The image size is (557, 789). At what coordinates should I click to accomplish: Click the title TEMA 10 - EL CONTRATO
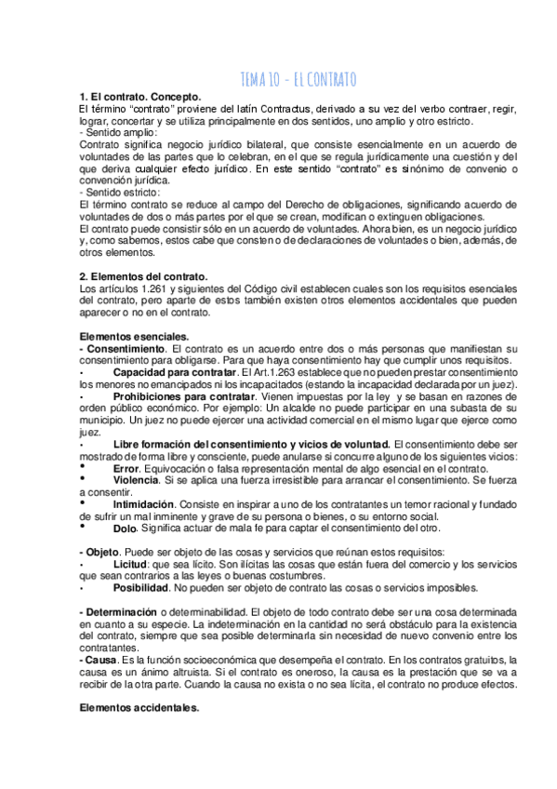pos(298,79)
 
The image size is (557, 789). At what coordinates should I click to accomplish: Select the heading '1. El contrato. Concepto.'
pos(140,97)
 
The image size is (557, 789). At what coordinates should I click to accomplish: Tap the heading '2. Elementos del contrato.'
pos(143,276)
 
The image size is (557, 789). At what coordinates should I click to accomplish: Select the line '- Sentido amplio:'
pos(119,133)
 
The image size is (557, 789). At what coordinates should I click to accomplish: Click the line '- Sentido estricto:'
pos(119,192)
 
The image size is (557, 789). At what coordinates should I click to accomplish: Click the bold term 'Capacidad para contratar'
pos(167,371)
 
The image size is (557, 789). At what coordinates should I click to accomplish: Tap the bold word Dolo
pos(125,527)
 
